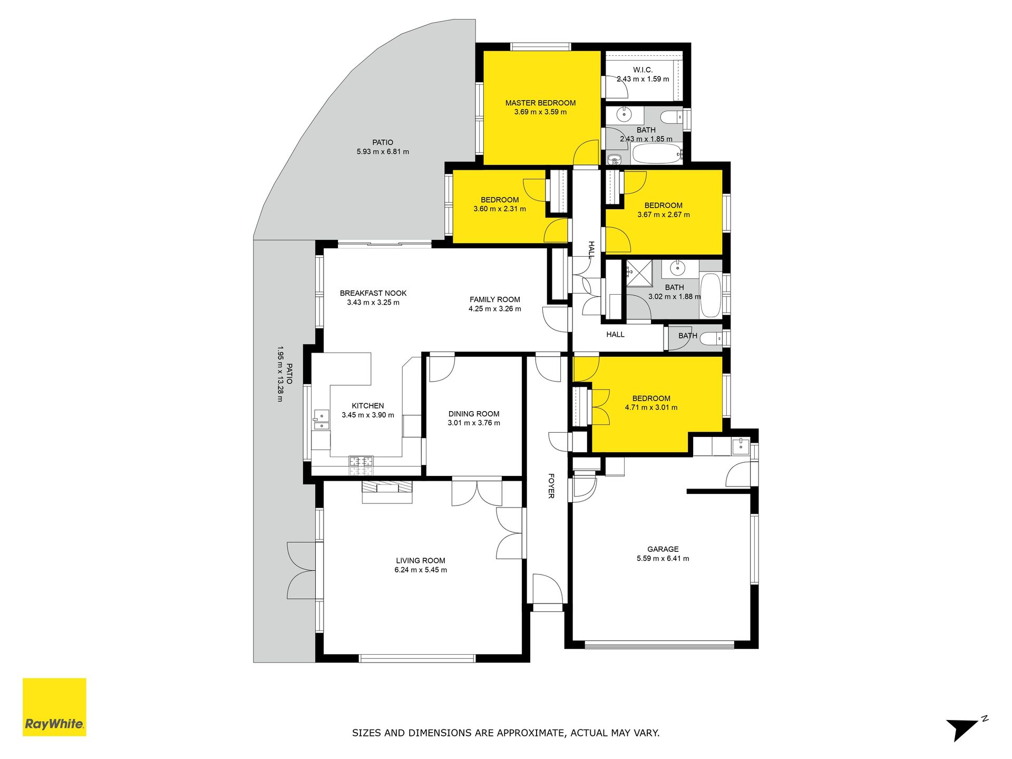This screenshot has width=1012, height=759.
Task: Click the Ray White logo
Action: (54, 707)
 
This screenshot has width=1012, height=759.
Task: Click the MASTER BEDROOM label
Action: (540, 103)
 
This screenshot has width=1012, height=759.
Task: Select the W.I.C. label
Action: (643, 70)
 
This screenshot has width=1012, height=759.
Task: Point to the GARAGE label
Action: (663, 549)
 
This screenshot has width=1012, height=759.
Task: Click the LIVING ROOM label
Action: (421, 560)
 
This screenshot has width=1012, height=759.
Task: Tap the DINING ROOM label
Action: (474, 414)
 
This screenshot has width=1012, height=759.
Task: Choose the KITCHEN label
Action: (368, 406)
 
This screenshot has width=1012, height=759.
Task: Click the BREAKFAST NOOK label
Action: (373, 293)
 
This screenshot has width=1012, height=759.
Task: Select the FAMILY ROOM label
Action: (495, 299)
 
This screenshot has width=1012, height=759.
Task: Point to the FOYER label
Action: (551, 485)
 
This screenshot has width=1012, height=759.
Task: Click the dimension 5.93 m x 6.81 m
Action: (383, 152)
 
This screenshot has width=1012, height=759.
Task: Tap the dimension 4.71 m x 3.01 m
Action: (651, 407)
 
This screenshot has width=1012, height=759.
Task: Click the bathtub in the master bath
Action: (657, 154)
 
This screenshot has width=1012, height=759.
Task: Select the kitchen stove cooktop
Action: (361, 465)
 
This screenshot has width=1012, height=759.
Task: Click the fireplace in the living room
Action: (387, 492)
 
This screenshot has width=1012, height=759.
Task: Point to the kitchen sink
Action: (321, 421)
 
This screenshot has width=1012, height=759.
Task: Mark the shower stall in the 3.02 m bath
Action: (639, 274)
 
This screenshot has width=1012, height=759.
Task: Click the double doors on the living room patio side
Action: (301, 570)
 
